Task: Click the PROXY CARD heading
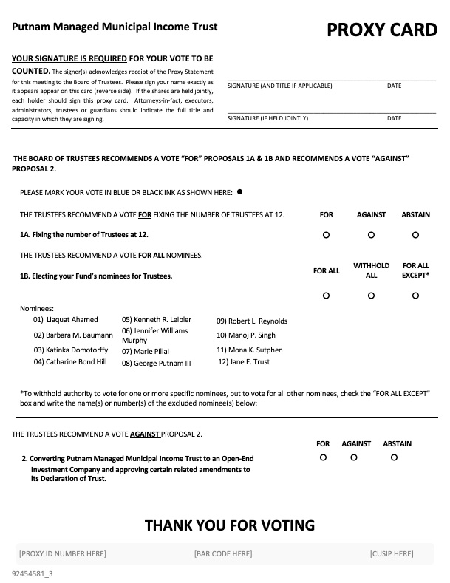tap(381, 30)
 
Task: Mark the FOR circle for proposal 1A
tap(326, 235)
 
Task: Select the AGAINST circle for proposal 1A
tap(371, 235)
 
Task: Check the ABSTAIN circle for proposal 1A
tap(415, 235)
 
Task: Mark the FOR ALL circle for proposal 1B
tap(326, 296)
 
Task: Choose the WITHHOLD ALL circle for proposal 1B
tap(371, 296)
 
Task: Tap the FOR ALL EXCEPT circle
tap(415, 296)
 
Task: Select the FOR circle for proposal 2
tap(323, 458)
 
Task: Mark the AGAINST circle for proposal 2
tap(354, 458)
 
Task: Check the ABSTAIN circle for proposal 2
tap(394, 458)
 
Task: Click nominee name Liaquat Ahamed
tap(66, 320)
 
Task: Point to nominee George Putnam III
tap(156, 364)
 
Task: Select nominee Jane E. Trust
tap(244, 362)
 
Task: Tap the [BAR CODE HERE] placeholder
tap(222, 553)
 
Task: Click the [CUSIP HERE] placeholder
tap(391, 553)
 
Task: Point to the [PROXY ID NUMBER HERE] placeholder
tap(62, 553)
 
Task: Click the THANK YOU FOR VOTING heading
tap(229, 525)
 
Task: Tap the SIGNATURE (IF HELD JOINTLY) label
tap(267, 118)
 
